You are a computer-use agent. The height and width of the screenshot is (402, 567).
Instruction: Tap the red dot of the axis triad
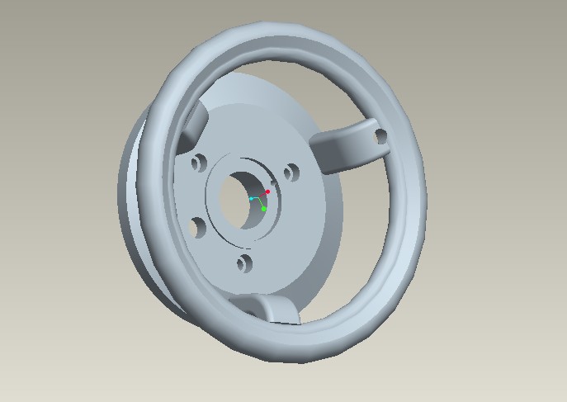[267, 192]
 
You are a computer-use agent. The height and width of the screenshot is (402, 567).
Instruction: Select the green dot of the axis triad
[264, 209]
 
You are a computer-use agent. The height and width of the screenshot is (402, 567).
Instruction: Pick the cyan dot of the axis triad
[252, 199]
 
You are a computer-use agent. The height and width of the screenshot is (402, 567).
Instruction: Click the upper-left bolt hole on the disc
[198, 163]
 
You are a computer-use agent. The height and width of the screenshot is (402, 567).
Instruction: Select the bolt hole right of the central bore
[291, 173]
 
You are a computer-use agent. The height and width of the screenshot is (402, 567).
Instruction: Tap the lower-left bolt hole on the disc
[196, 225]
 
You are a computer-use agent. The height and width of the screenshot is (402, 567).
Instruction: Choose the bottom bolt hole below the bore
[243, 264]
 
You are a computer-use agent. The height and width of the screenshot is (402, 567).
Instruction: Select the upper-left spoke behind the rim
[196, 124]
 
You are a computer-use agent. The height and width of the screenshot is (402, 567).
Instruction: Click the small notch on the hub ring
[273, 182]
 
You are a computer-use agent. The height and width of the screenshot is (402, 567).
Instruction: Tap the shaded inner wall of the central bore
[229, 202]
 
